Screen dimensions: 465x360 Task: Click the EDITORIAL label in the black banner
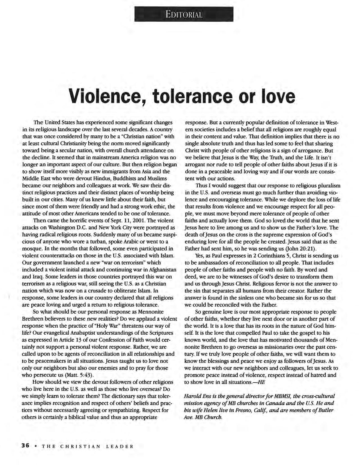tap(184, 14)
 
